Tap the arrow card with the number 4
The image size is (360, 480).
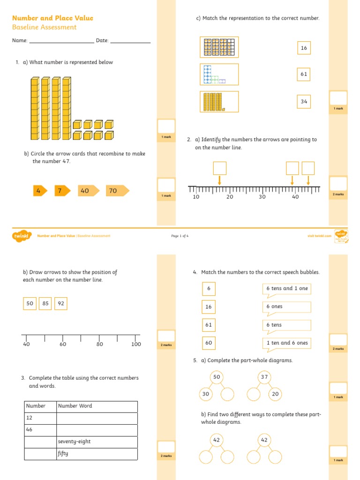point(39,191)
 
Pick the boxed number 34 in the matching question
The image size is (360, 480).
point(304,101)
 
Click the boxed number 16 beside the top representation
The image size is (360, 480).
point(304,48)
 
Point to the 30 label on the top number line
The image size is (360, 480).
point(262,197)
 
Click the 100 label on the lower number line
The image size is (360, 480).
point(136,345)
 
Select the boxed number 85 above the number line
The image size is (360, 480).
point(45,304)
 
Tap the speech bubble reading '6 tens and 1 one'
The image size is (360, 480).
point(286,289)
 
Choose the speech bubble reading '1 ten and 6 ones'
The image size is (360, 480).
point(286,343)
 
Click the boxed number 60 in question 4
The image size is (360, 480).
point(209,343)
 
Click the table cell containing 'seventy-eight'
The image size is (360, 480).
point(97,442)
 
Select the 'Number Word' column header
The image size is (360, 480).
point(97,406)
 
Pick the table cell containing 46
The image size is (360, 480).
point(40,430)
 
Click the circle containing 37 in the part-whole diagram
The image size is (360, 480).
point(264,377)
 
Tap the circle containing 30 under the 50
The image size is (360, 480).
point(206,394)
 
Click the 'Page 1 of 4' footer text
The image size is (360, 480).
point(180,236)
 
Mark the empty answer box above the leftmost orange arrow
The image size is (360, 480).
point(219,168)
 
